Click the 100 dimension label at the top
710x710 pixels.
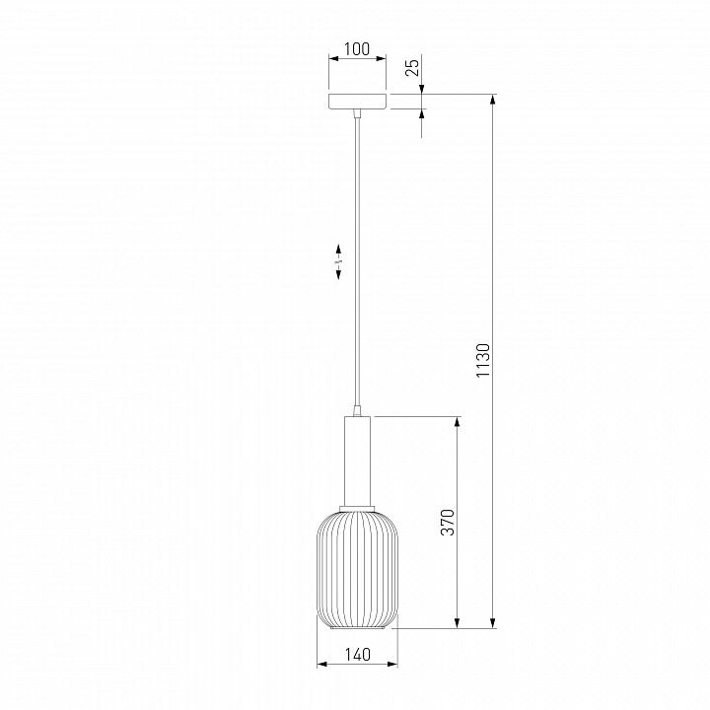[357, 49]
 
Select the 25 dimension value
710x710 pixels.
[412, 67]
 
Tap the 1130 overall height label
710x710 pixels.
[483, 360]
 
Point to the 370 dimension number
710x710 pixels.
[448, 522]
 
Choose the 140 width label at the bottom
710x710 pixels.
[358, 655]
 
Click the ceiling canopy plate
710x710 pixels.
[357, 102]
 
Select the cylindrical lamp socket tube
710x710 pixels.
[357, 461]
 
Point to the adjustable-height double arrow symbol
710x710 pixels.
[338, 261]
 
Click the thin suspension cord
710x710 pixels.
[358, 261]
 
